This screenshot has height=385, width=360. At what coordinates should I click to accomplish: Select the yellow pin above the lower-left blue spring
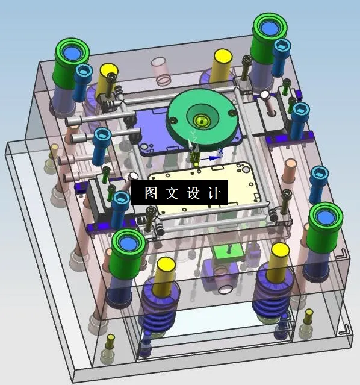[x=166, y=269]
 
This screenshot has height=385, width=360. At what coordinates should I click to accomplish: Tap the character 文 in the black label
[x=171, y=193]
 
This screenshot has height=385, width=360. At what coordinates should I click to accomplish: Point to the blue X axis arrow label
[x=221, y=151]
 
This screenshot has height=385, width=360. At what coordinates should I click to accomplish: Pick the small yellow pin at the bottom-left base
[x=111, y=344]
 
